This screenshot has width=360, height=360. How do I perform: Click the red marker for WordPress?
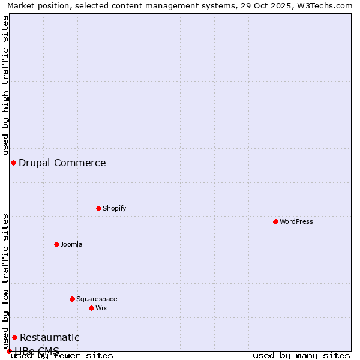pos(275,221)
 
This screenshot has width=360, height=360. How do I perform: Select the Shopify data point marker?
pos(98,208)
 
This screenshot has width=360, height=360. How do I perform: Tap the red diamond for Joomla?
pos(56,244)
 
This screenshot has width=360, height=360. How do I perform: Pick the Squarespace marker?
pos(72,299)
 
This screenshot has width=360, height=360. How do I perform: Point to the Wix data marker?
pos(91,308)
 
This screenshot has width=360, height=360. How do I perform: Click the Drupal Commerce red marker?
pos(13,163)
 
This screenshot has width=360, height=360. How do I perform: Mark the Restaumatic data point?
pos(14,337)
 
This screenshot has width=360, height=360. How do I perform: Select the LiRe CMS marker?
pos(9,351)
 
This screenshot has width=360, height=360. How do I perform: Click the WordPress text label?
pos(296,221)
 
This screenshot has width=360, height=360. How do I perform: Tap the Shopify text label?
pos(114,208)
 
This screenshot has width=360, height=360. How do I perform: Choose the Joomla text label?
pos(71,244)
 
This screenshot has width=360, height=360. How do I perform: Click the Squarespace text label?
pos(97,299)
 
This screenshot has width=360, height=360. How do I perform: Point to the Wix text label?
pos(101,308)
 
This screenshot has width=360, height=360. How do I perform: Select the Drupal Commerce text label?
pos(62,163)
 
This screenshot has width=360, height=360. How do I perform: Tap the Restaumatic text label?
pos(50,337)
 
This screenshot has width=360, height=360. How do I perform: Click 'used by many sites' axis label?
pos(301,355)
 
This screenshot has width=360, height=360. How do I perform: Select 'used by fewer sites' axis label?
pos(62,355)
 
